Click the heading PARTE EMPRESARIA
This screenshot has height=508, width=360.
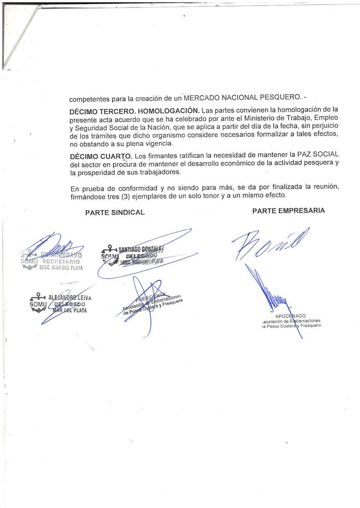(x=288, y=210)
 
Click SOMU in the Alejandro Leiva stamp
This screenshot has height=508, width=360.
(x=38, y=304)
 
